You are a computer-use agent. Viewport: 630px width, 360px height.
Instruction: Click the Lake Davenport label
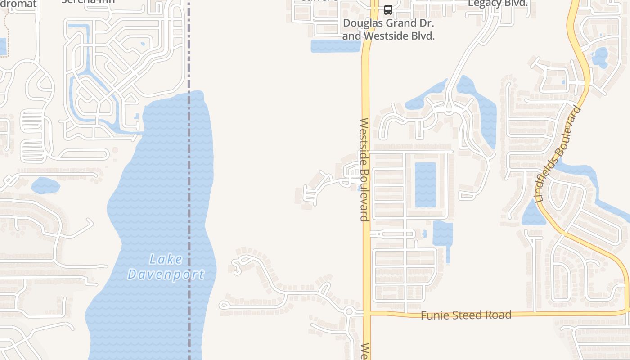166,266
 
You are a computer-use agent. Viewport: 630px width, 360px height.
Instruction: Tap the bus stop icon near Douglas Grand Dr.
388,9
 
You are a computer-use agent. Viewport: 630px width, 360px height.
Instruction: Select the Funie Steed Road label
466,315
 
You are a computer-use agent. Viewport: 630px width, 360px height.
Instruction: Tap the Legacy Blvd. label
498,3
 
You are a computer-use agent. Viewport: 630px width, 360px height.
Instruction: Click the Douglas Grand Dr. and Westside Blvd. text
388,30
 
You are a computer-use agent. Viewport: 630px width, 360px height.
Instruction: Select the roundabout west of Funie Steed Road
349,311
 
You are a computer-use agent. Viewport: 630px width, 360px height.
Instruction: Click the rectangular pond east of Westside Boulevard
425,184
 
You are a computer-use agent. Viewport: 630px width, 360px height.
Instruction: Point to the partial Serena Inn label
88,2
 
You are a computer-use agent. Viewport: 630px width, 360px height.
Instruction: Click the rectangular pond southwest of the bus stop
335,46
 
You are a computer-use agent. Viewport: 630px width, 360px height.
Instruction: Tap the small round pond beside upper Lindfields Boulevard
599,57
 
